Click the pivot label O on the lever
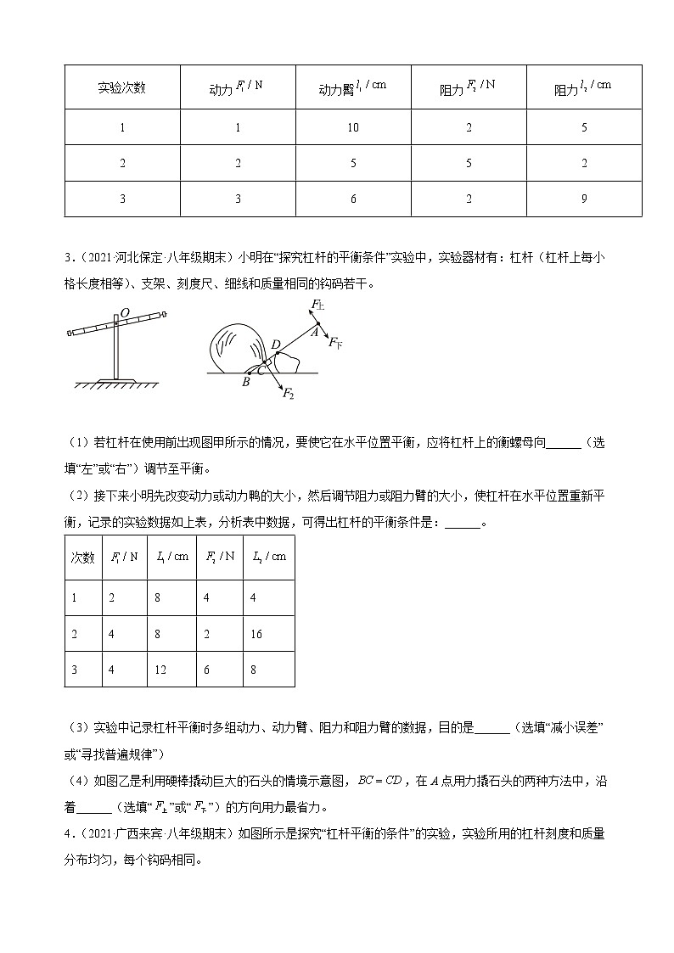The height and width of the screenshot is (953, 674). coord(124,313)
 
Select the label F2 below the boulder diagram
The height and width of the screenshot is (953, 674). coord(289,395)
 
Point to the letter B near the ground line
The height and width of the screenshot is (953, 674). coord(246,382)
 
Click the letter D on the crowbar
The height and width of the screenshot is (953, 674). coord(274,343)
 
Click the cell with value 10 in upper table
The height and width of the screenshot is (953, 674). coord(353,128)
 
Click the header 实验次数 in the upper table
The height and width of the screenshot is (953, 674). coord(122,88)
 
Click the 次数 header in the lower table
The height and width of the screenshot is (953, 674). coord(81,557)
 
